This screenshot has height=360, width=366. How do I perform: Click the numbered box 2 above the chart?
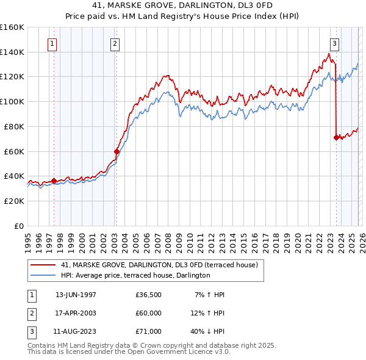(x=115, y=43)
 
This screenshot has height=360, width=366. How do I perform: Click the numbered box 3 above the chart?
(x=335, y=43)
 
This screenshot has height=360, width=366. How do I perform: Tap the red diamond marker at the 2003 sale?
(x=117, y=151)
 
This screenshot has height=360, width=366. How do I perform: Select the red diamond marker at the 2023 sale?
(x=336, y=137)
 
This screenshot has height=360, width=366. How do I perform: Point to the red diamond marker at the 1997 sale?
(x=54, y=181)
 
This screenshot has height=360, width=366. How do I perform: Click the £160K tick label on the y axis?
(x=12, y=27)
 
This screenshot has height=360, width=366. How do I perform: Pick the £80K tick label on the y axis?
(x=14, y=126)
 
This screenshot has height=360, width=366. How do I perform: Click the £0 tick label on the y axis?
(x=18, y=226)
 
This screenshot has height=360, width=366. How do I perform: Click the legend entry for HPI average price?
(x=135, y=276)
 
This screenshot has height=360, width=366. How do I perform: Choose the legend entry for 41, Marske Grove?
(x=160, y=265)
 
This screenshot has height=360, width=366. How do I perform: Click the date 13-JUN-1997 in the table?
(x=76, y=295)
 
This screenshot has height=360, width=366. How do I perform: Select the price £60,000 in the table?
(x=148, y=313)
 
